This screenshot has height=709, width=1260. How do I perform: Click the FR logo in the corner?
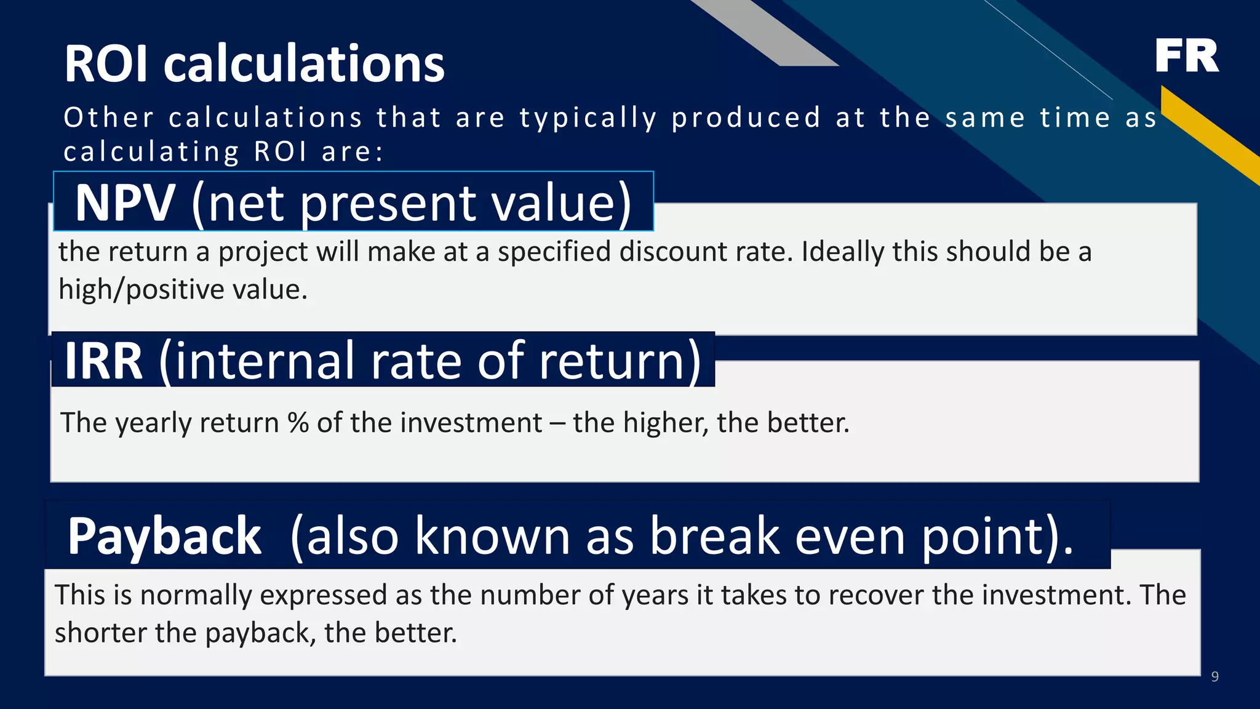1186,56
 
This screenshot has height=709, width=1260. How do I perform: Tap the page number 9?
1214,677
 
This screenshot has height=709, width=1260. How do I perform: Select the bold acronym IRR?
103,361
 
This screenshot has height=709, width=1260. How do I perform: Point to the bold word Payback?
164,537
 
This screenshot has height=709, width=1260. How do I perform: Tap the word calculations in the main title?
304,64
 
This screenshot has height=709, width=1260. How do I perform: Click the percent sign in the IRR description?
298,423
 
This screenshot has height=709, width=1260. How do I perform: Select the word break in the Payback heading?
715,535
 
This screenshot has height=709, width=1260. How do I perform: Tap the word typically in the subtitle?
588,118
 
